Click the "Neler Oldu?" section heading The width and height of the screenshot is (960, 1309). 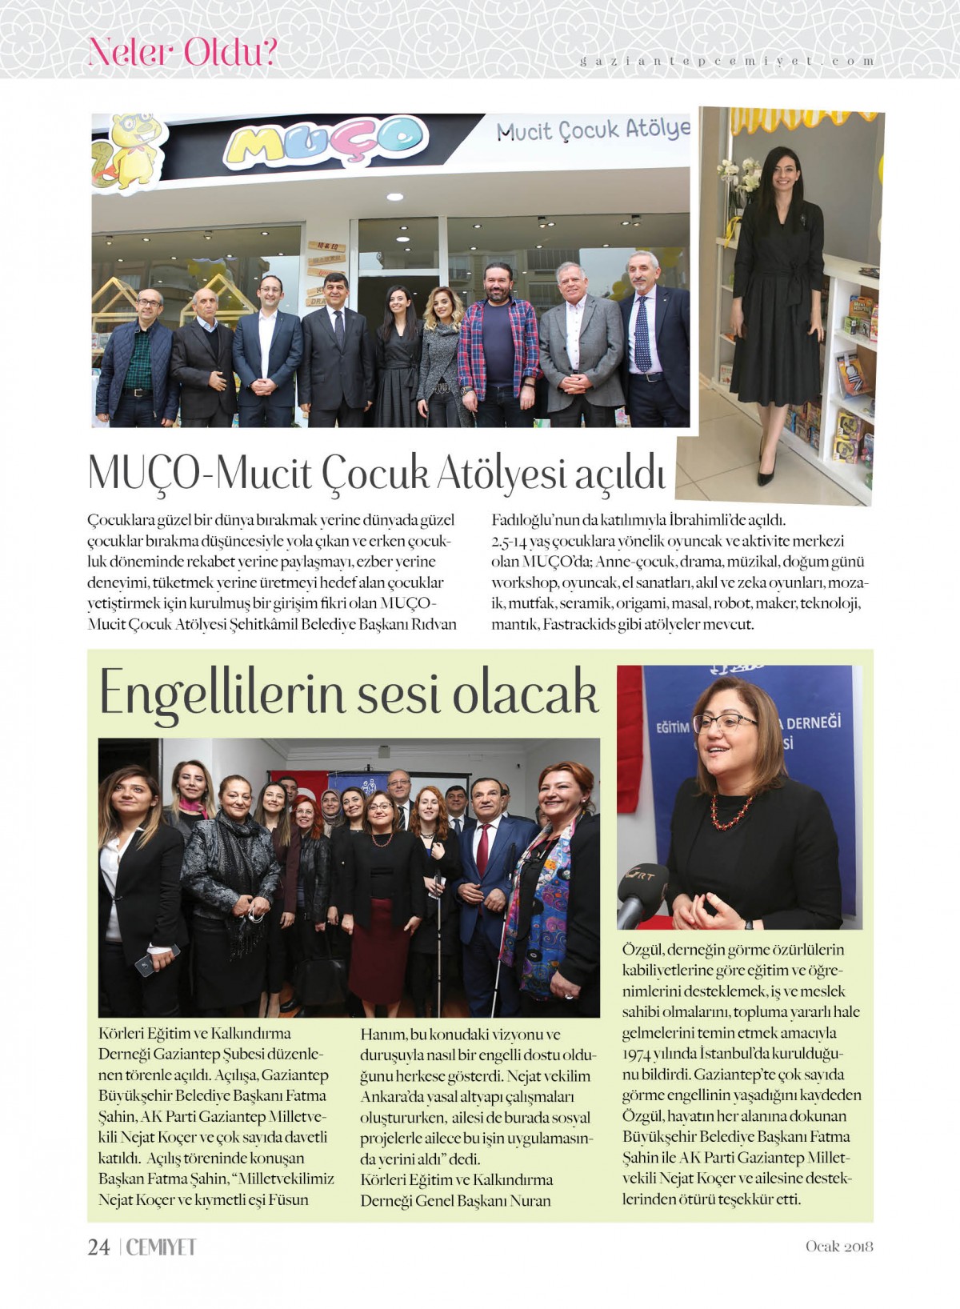click(182, 52)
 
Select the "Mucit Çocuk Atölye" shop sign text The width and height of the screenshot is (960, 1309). click(592, 130)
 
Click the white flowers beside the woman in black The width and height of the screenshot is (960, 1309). click(739, 175)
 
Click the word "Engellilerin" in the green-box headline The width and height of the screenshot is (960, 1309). click(222, 694)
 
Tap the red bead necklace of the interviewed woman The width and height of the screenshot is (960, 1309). click(731, 812)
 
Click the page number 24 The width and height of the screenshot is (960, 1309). click(98, 1247)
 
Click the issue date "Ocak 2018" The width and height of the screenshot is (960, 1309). click(838, 1247)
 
